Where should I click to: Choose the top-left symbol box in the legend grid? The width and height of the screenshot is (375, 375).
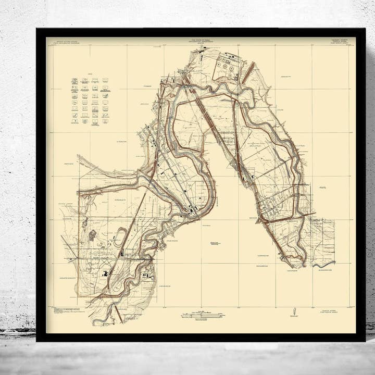pos(75,81)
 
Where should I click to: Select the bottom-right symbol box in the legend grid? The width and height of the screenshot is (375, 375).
pos(105,121)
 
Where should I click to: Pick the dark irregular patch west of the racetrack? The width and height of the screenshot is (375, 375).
pos(92,235)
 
